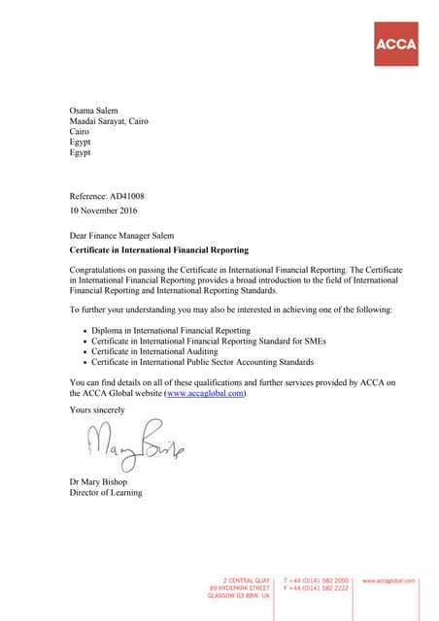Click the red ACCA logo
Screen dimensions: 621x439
click(396, 44)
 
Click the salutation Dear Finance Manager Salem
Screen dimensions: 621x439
click(128, 236)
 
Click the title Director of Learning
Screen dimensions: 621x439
click(106, 493)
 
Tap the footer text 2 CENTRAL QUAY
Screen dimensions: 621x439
click(247, 579)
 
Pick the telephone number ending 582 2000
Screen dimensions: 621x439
click(320, 579)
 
